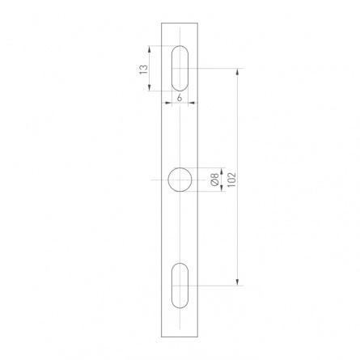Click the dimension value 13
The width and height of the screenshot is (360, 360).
tap(144, 70)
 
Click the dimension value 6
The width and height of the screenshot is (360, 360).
tap(180, 98)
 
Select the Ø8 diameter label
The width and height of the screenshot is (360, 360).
tap(214, 180)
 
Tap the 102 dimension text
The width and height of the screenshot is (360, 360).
tap(232, 179)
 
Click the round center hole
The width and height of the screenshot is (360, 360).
tap(180, 180)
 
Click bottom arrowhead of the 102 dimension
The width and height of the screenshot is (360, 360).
tap(237, 282)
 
